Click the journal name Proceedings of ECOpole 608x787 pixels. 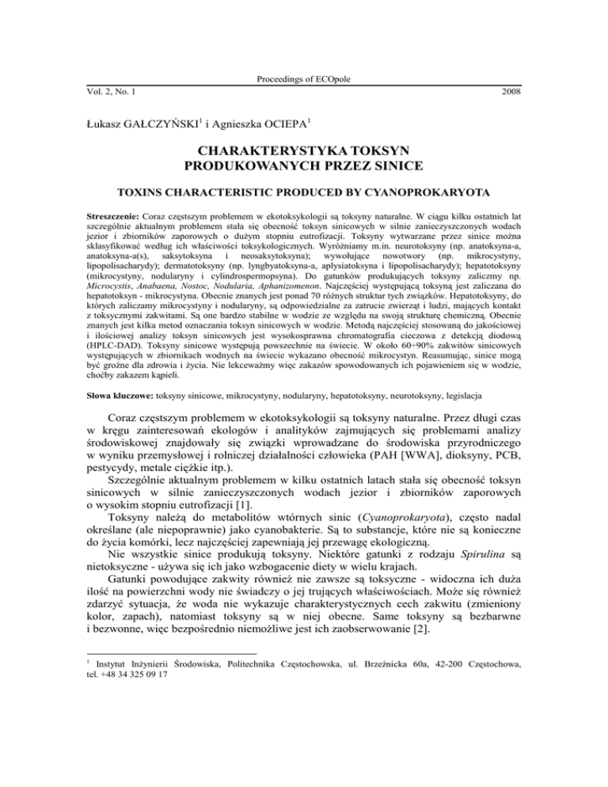pyautogui.click(x=303, y=79)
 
